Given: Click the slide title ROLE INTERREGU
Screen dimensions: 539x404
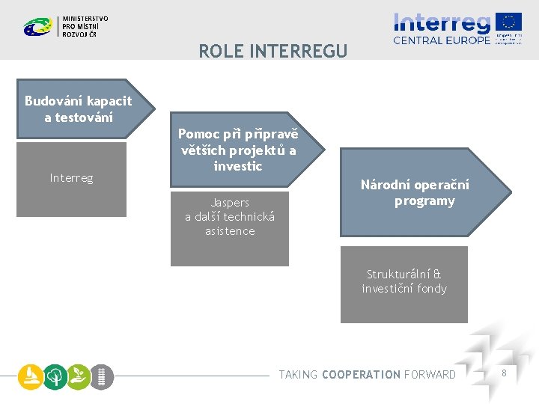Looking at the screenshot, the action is pyautogui.click(x=272, y=51).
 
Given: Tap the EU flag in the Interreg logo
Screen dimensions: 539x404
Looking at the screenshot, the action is pyautogui.click(x=508, y=22).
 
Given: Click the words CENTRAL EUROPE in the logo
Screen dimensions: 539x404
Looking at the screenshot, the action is pyautogui.click(x=442, y=40).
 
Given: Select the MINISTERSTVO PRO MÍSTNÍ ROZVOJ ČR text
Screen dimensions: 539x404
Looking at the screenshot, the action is pyautogui.click(x=85, y=26).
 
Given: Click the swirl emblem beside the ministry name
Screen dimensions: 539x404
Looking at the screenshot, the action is pyautogui.click(x=37, y=27).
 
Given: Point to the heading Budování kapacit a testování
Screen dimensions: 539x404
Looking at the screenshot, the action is pyautogui.click(x=78, y=109).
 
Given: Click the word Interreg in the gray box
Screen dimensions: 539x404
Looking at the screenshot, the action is pyautogui.click(x=72, y=178).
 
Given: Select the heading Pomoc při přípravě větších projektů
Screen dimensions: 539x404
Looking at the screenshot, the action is pyautogui.click(x=237, y=150).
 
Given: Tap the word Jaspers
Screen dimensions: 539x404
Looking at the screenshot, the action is pyautogui.click(x=230, y=203).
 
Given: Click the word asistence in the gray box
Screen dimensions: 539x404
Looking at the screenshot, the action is pyautogui.click(x=230, y=231).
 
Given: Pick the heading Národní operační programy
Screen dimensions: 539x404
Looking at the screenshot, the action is pyautogui.click(x=415, y=193).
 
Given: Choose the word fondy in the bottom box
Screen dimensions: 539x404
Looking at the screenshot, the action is pyautogui.click(x=432, y=289).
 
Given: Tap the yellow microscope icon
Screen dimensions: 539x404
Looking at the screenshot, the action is pyautogui.click(x=30, y=376).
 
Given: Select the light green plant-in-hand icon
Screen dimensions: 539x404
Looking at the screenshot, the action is pyautogui.click(x=79, y=376).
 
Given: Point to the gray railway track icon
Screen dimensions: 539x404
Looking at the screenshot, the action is pyautogui.click(x=103, y=376).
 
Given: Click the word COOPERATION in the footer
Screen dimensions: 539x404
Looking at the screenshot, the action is pyautogui.click(x=361, y=375).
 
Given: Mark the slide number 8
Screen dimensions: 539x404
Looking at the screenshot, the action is pyautogui.click(x=504, y=373).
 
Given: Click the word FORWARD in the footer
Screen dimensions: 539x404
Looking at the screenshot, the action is pyautogui.click(x=430, y=375).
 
